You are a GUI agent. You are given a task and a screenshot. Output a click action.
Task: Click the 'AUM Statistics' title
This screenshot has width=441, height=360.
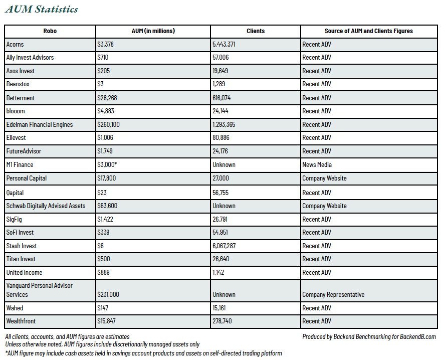[41, 9]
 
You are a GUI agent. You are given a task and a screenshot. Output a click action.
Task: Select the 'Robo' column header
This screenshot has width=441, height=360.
[50, 31]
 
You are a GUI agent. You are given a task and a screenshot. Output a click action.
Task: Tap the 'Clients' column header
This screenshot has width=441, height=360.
[256, 31]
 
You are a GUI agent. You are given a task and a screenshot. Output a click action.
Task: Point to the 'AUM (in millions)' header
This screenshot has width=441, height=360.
[153, 31]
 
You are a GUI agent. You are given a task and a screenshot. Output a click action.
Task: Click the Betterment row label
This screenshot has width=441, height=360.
[21, 98]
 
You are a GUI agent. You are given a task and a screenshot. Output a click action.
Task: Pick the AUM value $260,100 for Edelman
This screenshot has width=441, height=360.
[108, 124]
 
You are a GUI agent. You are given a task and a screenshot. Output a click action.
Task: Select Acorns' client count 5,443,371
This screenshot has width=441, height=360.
[224, 44]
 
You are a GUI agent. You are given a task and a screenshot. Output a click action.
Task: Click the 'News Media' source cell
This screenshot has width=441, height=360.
[317, 164]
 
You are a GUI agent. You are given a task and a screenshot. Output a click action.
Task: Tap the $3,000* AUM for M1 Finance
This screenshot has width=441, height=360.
[107, 164]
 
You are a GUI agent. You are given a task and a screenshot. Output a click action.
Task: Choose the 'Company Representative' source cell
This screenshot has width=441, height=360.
[333, 294]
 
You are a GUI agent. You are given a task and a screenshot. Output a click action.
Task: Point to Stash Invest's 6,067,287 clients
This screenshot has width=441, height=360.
[224, 246]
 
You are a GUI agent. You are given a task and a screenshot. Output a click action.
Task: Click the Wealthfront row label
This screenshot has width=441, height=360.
[21, 321]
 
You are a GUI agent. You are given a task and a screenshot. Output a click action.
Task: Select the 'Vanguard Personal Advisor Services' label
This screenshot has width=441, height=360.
[40, 290]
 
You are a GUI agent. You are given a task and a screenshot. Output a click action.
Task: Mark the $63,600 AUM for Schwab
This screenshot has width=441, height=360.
[107, 206]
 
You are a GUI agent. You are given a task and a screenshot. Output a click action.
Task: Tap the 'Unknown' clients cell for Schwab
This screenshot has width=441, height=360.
[224, 206]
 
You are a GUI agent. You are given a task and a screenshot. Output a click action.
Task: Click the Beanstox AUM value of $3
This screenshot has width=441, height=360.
[100, 84]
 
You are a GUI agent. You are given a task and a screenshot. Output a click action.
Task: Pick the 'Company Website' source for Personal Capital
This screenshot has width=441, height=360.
[324, 178]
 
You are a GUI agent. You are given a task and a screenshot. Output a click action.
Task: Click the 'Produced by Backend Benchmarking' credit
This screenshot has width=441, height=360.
[369, 336]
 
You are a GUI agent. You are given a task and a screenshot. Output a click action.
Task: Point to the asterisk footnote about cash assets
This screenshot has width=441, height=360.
[143, 353]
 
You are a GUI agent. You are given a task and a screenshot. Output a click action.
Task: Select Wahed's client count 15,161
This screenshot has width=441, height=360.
[219, 308]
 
